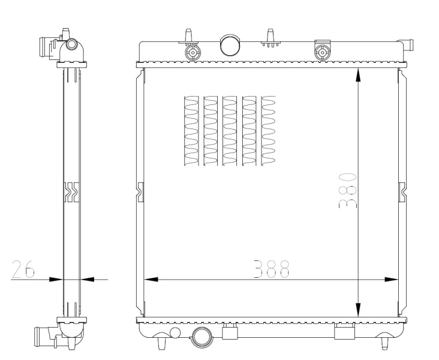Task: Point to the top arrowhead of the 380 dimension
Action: tap(358, 74)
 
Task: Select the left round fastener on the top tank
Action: tap(192, 53)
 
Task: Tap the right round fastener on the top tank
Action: tap(323, 53)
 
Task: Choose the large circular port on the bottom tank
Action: tap(200, 338)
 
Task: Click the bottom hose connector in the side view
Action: tap(46, 335)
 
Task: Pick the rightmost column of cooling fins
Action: tap(269, 130)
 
